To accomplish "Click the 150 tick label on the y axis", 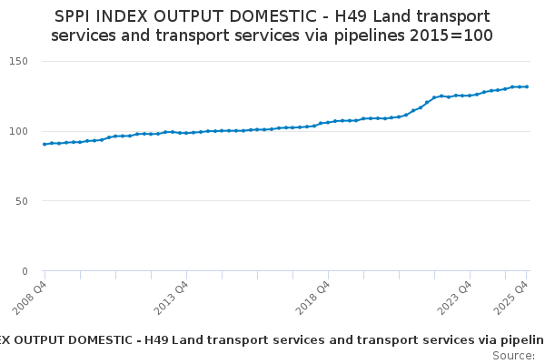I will [20, 61].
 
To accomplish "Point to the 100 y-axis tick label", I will [20, 131].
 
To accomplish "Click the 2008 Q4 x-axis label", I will [34, 297].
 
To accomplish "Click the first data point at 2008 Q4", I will [45, 144].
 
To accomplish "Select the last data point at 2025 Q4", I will [527, 86].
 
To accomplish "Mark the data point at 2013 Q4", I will [186, 133].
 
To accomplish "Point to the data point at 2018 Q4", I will [328, 122].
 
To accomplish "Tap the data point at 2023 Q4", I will [470, 96].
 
